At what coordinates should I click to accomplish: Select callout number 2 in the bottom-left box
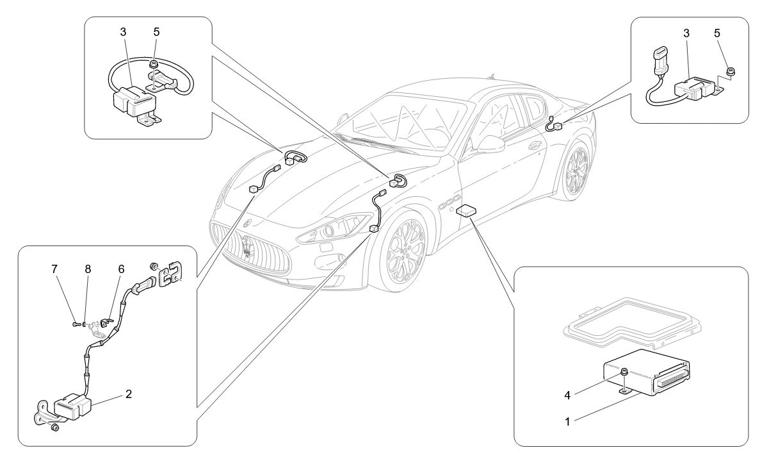click(x=128, y=394)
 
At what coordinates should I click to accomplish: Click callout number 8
click(x=88, y=270)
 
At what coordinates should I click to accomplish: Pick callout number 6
click(x=120, y=270)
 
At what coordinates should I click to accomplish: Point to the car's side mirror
click(x=490, y=143)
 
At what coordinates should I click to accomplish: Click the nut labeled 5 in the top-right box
click(x=731, y=69)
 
